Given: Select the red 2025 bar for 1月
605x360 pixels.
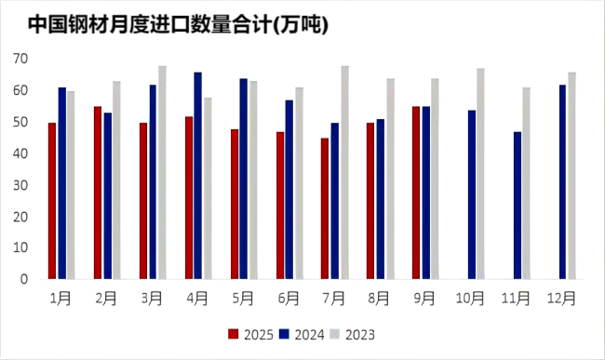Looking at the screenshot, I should pyautogui.click(x=52, y=201).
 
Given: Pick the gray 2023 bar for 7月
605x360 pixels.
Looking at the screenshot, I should pyautogui.click(x=344, y=172).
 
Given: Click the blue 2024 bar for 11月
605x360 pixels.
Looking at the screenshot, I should pyautogui.click(x=518, y=206).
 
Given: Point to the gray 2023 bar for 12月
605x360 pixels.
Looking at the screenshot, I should pyautogui.click(x=571, y=176).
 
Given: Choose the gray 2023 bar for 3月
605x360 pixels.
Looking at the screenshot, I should pyautogui.click(x=162, y=172).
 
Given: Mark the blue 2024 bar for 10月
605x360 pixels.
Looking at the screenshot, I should pyautogui.click(x=472, y=194).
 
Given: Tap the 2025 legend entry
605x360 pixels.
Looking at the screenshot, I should pyautogui.click(x=252, y=335).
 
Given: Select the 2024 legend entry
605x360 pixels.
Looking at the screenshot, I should pyautogui.click(x=304, y=335).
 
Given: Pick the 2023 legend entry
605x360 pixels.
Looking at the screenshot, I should pyautogui.click(x=356, y=335).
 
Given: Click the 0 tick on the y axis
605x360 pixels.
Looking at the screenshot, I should pyautogui.click(x=25, y=279).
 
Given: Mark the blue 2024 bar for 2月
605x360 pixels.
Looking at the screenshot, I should pyautogui.click(x=107, y=196).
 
